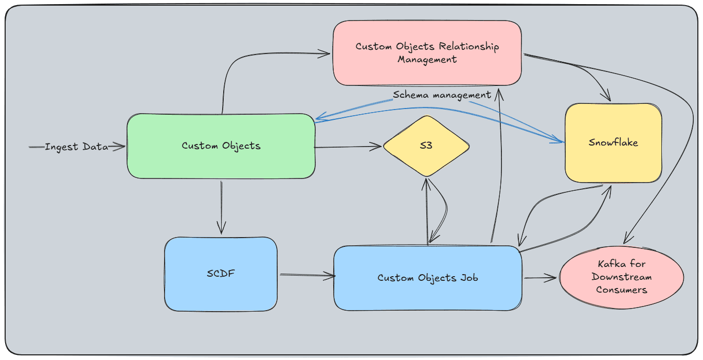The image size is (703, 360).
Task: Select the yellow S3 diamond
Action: click(x=426, y=146)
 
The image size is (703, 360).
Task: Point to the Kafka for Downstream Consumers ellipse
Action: click(x=621, y=277)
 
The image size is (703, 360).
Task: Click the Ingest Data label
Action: click(x=77, y=147)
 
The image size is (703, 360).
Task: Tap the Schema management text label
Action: click(x=442, y=95)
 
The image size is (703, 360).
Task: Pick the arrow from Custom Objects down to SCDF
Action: click(x=221, y=206)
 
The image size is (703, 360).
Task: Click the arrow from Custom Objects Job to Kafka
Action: click(x=540, y=278)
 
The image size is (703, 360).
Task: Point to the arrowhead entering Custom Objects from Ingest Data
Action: click(x=121, y=147)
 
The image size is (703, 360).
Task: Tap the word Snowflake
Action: click(x=613, y=142)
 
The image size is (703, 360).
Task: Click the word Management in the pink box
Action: click(x=427, y=59)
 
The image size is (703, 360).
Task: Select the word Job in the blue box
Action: click(x=468, y=278)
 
